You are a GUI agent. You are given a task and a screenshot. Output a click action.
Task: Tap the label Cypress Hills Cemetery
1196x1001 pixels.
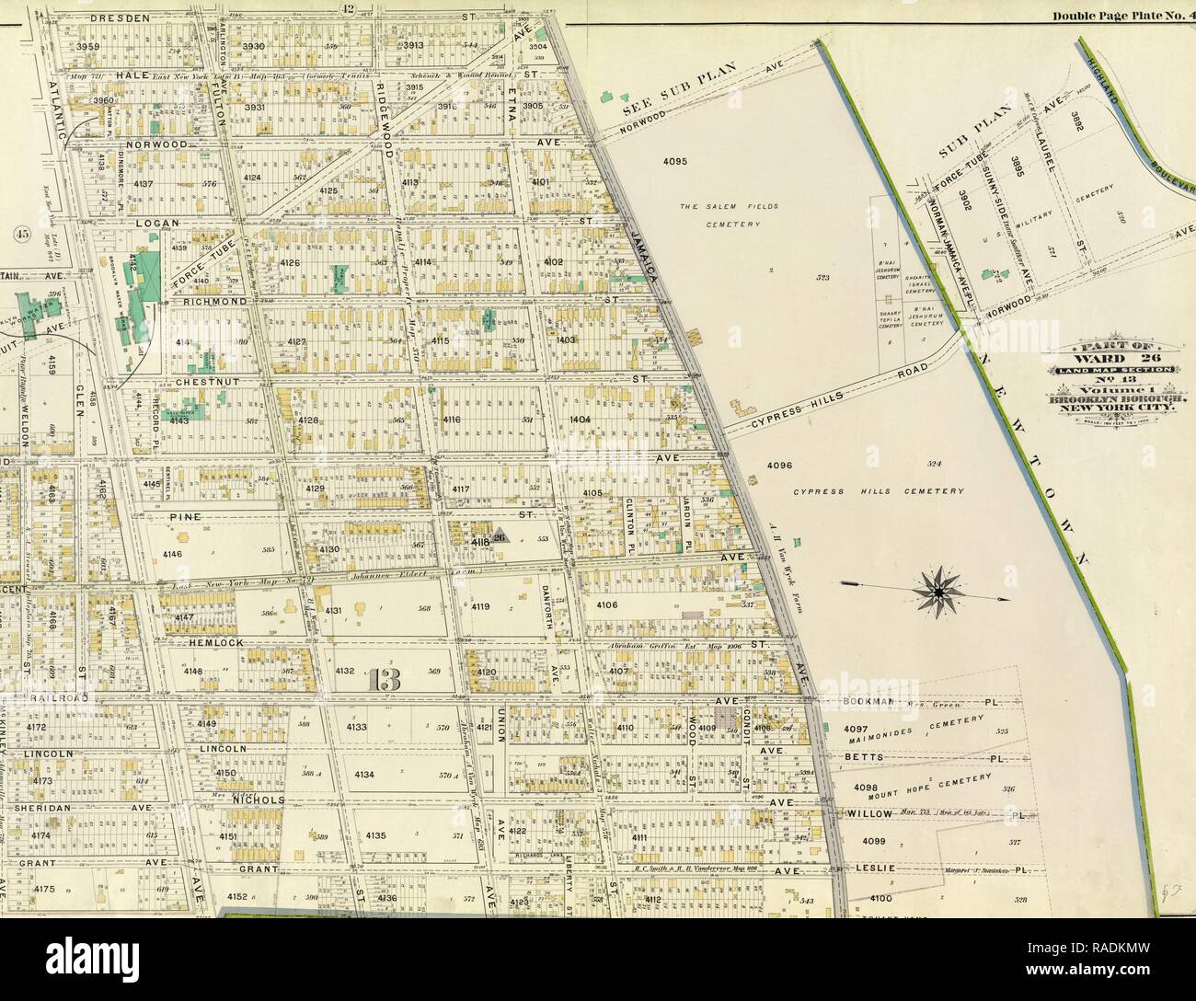(x=879, y=491)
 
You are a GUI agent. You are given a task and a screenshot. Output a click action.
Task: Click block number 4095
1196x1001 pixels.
(x=674, y=160)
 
